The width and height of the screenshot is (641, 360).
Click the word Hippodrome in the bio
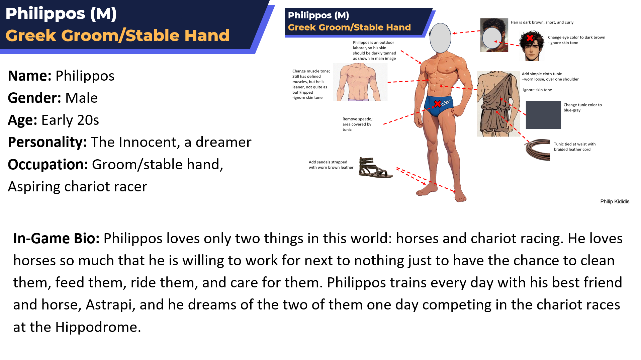[96, 327]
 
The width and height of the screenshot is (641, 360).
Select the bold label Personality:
[47, 142]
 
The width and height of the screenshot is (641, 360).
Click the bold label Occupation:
[48, 165]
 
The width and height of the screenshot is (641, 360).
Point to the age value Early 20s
[70, 120]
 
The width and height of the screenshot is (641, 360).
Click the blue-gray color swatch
[543, 115]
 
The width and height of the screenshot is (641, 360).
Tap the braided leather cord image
[538, 150]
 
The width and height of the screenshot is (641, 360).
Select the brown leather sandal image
[375, 167]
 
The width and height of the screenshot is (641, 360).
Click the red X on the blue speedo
[437, 104]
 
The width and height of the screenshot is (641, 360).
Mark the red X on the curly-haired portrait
[530, 38]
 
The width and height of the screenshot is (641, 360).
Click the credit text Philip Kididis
[615, 201]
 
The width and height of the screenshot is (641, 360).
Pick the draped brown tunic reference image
[498, 104]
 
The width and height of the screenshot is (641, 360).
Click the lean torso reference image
[360, 82]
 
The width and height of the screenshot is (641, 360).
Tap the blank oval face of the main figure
[440, 38]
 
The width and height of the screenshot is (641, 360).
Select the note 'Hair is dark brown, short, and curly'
[542, 22]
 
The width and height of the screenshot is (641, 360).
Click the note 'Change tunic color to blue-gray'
[582, 107]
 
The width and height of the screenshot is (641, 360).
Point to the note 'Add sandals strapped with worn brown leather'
[331, 165]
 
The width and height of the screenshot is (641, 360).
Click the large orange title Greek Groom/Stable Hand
[117, 35]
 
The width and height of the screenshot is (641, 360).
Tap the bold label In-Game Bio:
[56, 239]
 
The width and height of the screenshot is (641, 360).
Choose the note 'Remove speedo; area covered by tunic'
[357, 124]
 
